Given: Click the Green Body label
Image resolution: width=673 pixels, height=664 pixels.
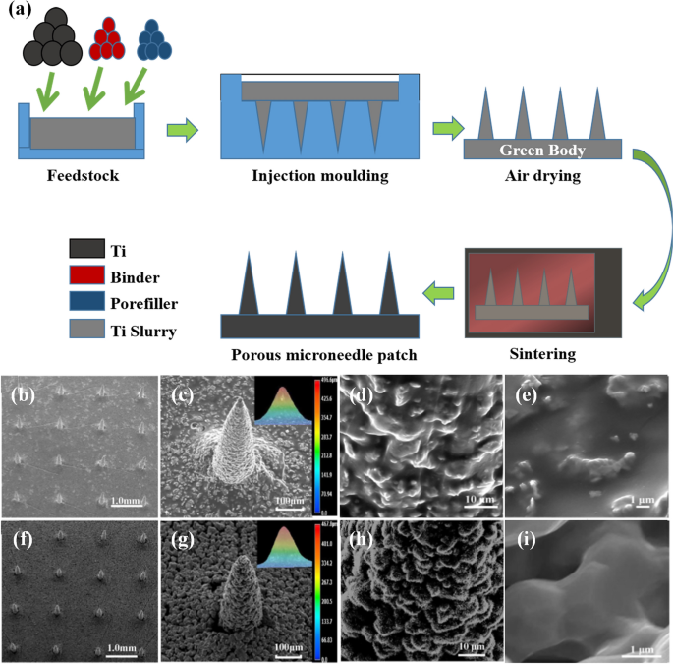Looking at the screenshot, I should pos(542,151).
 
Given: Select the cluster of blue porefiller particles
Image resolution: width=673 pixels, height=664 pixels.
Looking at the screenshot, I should pos(154,40).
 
